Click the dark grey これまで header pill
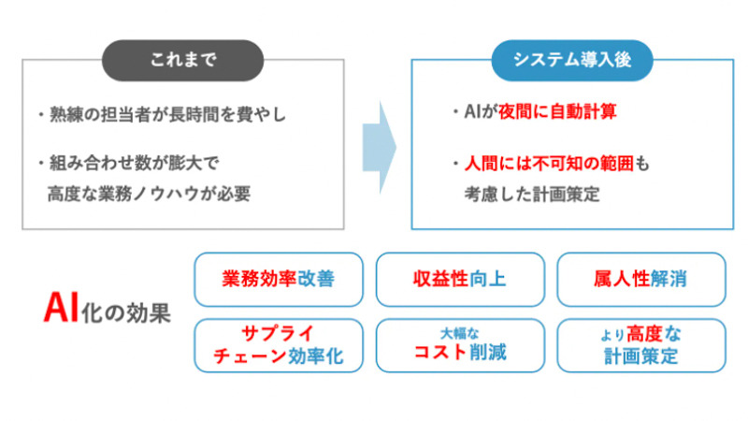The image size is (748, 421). coord(182,61)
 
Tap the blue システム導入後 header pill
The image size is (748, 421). coord(572,61)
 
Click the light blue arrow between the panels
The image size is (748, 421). coord(380,148)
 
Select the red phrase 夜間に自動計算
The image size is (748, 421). coord(557,111)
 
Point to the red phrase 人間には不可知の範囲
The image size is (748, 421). coord(549,164)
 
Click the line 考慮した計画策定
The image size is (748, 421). coord(532,195)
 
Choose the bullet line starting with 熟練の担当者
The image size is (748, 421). coord(162,114)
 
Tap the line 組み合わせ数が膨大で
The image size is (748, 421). coord(129,163)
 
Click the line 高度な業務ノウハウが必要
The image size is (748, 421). coord(149,194)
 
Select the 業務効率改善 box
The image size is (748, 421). coord(279,279)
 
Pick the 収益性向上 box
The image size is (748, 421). coord(460,279)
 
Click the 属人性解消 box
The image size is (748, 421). coord(641,279)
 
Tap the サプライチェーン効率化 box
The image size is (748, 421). coord(279,345)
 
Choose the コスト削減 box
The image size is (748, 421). coord(460,345)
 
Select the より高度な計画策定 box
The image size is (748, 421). coord(641,345)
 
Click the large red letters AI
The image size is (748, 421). coord(61,308)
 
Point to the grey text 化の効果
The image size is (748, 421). coord(126,313)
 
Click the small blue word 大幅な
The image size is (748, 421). coord(459,333)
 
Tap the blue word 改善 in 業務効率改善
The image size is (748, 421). coord(316,279)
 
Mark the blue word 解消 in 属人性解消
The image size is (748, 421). coord(669,279)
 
